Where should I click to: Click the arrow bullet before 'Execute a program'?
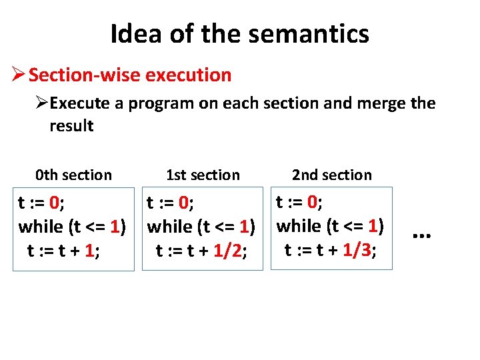(x=42, y=104)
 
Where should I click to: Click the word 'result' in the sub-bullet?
(x=71, y=126)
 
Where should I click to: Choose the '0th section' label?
(x=73, y=175)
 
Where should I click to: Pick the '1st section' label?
(x=203, y=175)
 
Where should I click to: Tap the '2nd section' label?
(x=332, y=175)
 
